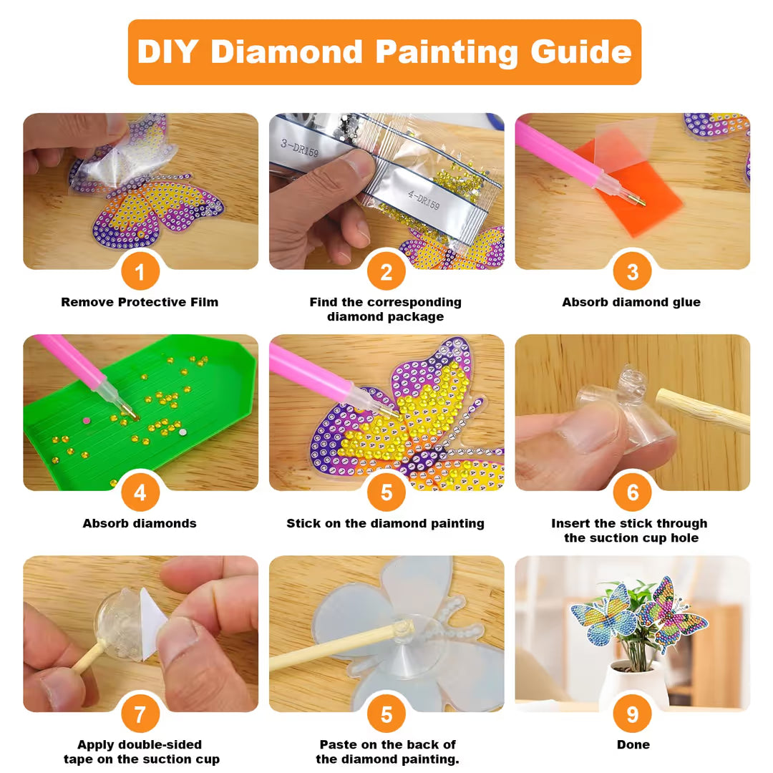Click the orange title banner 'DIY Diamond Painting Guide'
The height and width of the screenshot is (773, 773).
tap(384, 52)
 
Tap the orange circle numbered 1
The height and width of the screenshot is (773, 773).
tap(140, 272)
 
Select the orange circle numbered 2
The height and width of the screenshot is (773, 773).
tap(386, 272)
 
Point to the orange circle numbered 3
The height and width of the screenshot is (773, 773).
tap(633, 272)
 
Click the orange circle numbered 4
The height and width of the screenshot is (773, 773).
tap(140, 492)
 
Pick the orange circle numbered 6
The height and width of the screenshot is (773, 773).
tap(633, 492)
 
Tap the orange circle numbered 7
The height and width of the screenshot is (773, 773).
tap(140, 714)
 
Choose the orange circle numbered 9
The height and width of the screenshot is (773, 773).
tap(633, 714)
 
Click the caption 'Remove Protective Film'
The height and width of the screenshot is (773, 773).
tap(140, 302)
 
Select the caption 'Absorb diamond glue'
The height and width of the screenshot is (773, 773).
tap(631, 302)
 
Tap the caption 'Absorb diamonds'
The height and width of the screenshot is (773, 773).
tap(140, 523)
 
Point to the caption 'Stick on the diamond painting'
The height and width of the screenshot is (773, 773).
tap(386, 523)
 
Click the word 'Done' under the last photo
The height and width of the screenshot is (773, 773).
tap(633, 744)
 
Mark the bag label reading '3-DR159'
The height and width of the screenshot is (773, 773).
tap(300, 148)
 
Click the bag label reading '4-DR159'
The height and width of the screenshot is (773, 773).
tap(424, 200)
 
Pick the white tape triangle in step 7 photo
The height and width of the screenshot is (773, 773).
tap(153, 622)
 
